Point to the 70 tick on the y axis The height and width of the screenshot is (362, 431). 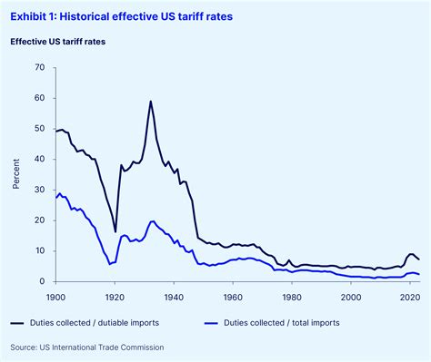pyautogui.click(x=38, y=68)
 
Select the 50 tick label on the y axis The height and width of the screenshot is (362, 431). pyautogui.click(x=38, y=129)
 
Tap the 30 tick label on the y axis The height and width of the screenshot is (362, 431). pyautogui.click(x=38, y=190)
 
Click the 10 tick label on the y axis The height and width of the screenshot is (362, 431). pyautogui.click(x=38, y=250)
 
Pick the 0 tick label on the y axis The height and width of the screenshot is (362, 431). pyautogui.click(x=41, y=281)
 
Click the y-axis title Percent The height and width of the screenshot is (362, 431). pyautogui.click(x=15, y=174)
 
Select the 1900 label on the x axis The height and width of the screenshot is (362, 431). pyautogui.click(x=55, y=295)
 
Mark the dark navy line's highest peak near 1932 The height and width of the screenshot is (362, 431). pyautogui.click(x=151, y=101)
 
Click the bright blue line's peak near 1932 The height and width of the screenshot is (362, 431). pyautogui.click(x=152, y=221)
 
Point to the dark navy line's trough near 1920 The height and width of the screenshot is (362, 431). pyautogui.click(x=115, y=231)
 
